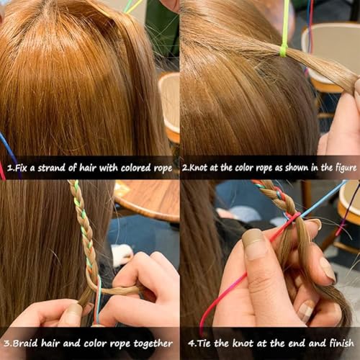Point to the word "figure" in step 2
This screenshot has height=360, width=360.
346,168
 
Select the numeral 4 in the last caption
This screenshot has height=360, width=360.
191,343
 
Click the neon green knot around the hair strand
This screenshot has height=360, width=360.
284,51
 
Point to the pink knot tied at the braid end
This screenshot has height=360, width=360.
293,217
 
